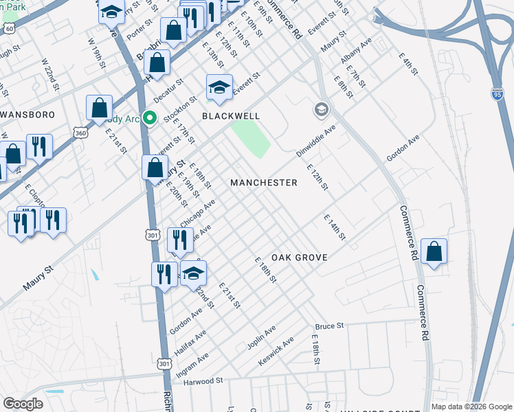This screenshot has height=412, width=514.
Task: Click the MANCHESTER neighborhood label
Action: pyautogui.click(x=264, y=183)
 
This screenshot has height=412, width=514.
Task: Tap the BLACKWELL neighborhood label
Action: pyautogui.click(x=231, y=117)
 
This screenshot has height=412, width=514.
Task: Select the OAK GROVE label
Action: pyautogui.click(x=299, y=257)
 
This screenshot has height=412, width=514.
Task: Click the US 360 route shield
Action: pyautogui.click(x=81, y=133)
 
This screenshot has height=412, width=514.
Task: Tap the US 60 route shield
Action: pyautogui.click(x=8, y=29)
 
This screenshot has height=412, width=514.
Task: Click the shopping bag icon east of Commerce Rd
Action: pyautogui.click(x=434, y=252)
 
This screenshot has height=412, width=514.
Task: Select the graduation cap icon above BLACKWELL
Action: pyautogui.click(x=219, y=88)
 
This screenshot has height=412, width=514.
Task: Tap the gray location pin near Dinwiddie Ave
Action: pyautogui.click(x=321, y=109)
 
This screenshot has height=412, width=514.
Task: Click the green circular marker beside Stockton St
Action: pyautogui.click(x=147, y=118)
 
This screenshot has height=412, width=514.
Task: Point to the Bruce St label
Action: pyautogui.click(x=328, y=326)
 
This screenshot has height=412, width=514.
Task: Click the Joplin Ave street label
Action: pyautogui.click(x=261, y=339)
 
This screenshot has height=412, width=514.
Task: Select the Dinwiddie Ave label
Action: pyautogui.click(x=316, y=141)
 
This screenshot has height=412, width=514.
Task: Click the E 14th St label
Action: pyautogui.click(x=335, y=227)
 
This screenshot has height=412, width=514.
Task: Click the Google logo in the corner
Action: pyautogui.click(x=23, y=404)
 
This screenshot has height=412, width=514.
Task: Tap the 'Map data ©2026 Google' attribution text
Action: pyautogui.click(x=471, y=407)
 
